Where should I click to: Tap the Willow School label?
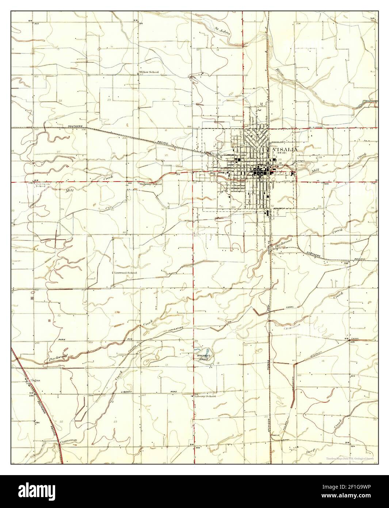click(x=149, y=72)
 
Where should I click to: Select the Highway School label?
click(x=151, y=184)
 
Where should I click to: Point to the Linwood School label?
click(x=126, y=273)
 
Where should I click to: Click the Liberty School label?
click(x=205, y=396)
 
